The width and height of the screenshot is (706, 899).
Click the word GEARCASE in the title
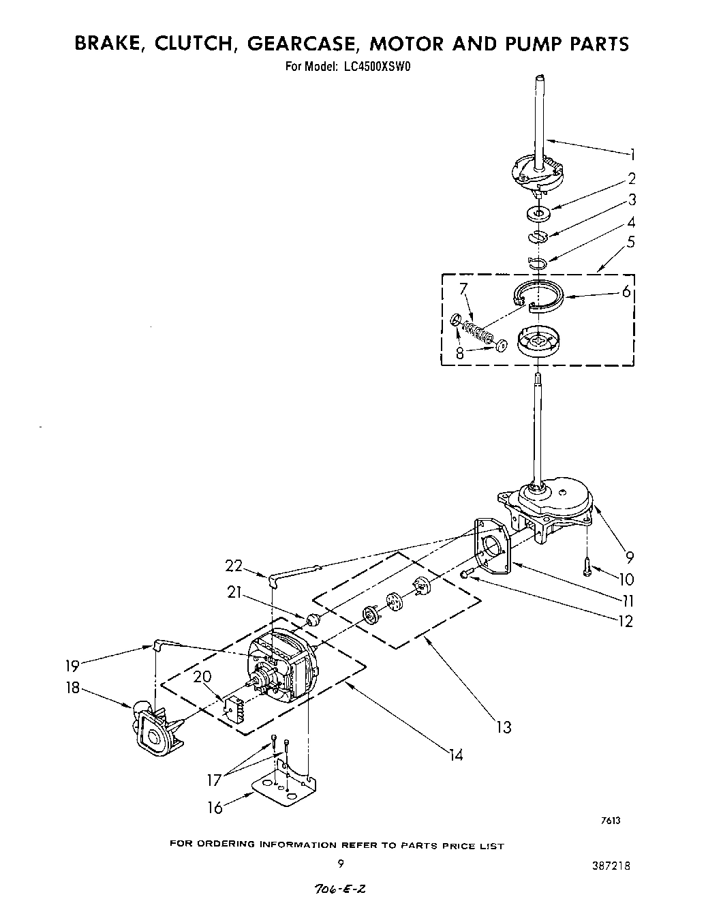tap(301, 44)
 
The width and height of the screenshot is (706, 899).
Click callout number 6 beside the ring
tap(626, 294)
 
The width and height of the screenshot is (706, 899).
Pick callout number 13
tap(503, 728)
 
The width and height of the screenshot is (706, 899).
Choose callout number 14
tap(455, 755)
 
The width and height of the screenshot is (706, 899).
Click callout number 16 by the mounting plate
tap(215, 808)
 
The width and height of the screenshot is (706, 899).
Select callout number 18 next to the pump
tap(73, 688)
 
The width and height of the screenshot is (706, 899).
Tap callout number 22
tap(234, 565)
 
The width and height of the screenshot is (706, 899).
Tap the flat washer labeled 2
tap(539, 215)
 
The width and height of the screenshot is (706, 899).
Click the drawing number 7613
tap(610, 821)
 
